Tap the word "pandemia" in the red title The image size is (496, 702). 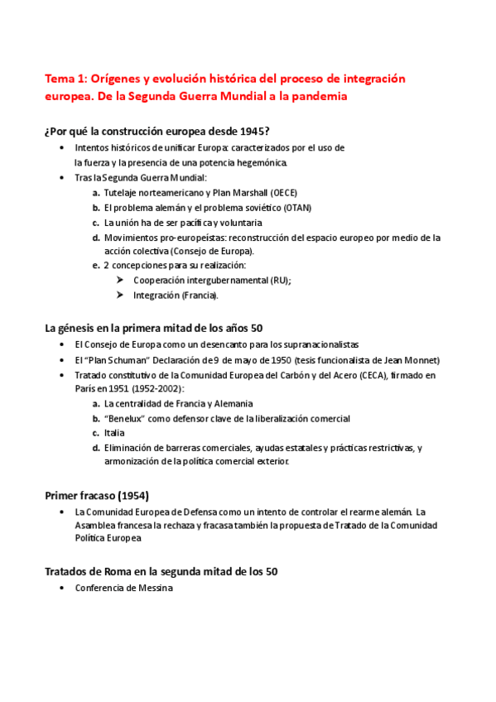[x=307, y=96]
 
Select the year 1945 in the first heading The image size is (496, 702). [x=250, y=130]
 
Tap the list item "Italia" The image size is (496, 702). [x=115, y=433]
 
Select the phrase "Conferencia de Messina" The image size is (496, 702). [x=123, y=588]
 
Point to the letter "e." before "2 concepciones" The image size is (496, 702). [x=96, y=266]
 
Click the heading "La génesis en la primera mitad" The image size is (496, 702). [x=154, y=328]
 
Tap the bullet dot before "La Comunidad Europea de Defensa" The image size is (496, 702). [x=65, y=512]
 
